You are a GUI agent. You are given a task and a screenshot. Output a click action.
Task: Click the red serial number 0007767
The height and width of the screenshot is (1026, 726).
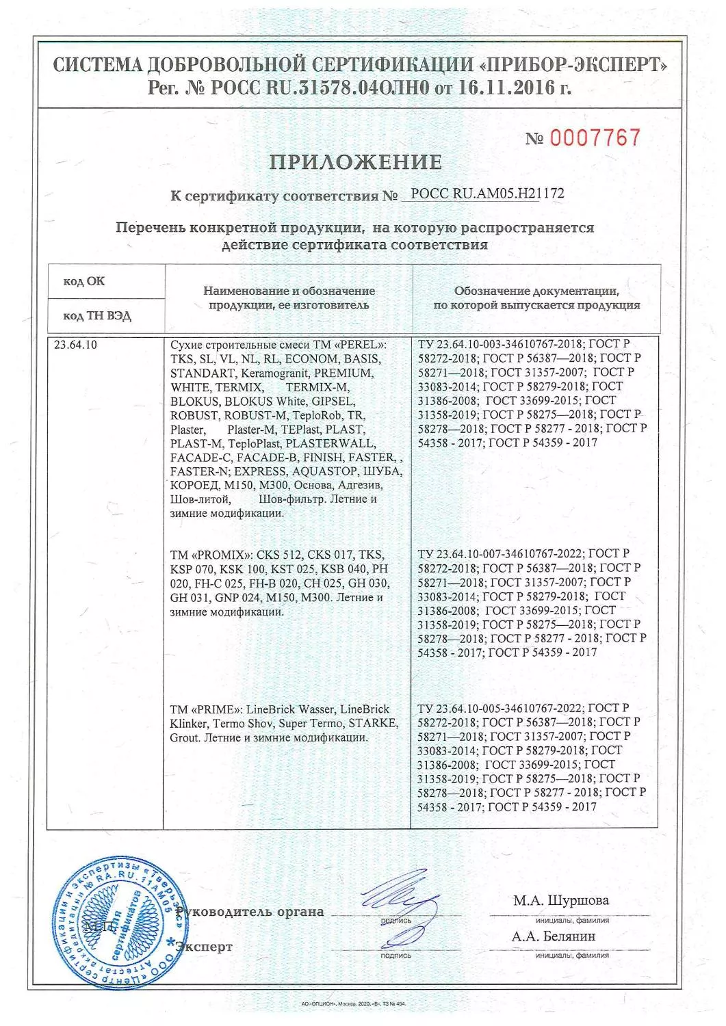595,137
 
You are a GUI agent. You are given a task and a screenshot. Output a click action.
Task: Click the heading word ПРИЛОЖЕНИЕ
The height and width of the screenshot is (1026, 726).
356,163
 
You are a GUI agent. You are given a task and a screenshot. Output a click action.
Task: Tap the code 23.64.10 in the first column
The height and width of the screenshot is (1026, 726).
75,345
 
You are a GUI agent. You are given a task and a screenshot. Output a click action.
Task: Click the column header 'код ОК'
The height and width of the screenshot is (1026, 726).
84,282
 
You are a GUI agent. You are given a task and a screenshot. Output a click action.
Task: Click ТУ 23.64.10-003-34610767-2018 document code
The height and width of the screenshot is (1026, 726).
501,344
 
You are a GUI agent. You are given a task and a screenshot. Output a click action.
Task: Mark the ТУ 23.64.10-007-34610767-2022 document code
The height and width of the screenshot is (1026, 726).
501,554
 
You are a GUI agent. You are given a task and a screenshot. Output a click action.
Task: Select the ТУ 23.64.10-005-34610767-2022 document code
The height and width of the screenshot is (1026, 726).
501,709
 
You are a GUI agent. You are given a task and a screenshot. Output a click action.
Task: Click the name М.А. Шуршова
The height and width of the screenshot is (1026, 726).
560,900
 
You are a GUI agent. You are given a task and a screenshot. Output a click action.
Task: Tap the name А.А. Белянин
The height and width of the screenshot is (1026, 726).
554,936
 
